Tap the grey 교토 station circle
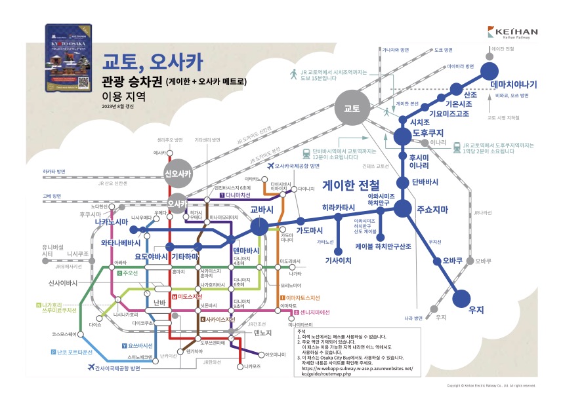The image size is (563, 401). pos(348,108)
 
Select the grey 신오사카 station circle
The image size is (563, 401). pos(178,174)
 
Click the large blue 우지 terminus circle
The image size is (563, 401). pos(463,299)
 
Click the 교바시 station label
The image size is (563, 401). pos(261,210)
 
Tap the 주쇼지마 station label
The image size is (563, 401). pos(432,210)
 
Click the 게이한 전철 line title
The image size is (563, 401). pos(351,186)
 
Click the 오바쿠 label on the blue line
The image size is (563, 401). pos(453,260)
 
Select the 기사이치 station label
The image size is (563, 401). pos(339,260)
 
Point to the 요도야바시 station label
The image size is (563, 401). pos(152,256)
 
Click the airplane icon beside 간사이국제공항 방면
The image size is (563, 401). pos(90,369)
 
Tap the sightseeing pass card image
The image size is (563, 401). pos(68,58)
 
